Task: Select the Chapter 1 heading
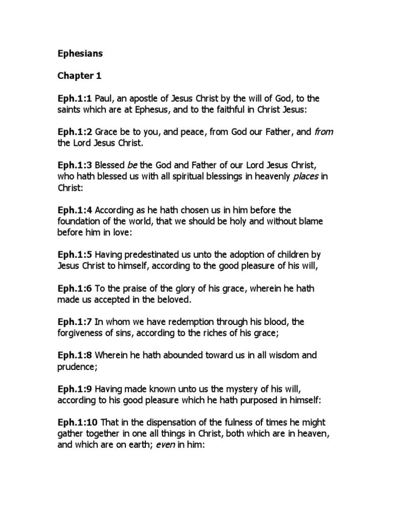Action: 79,76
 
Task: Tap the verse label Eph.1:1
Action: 75,98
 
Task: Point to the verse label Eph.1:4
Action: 75,210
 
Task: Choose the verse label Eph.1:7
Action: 75,321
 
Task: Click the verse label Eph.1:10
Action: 77,422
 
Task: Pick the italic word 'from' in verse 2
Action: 323,132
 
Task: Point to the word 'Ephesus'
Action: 159,110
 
